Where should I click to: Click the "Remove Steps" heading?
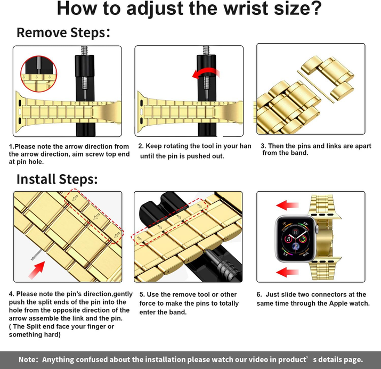(x=63, y=32)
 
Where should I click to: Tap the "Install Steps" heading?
(x=57, y=179)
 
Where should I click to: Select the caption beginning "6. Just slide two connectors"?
(x=313, y=299)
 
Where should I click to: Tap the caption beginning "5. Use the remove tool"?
(x=189, y=303)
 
